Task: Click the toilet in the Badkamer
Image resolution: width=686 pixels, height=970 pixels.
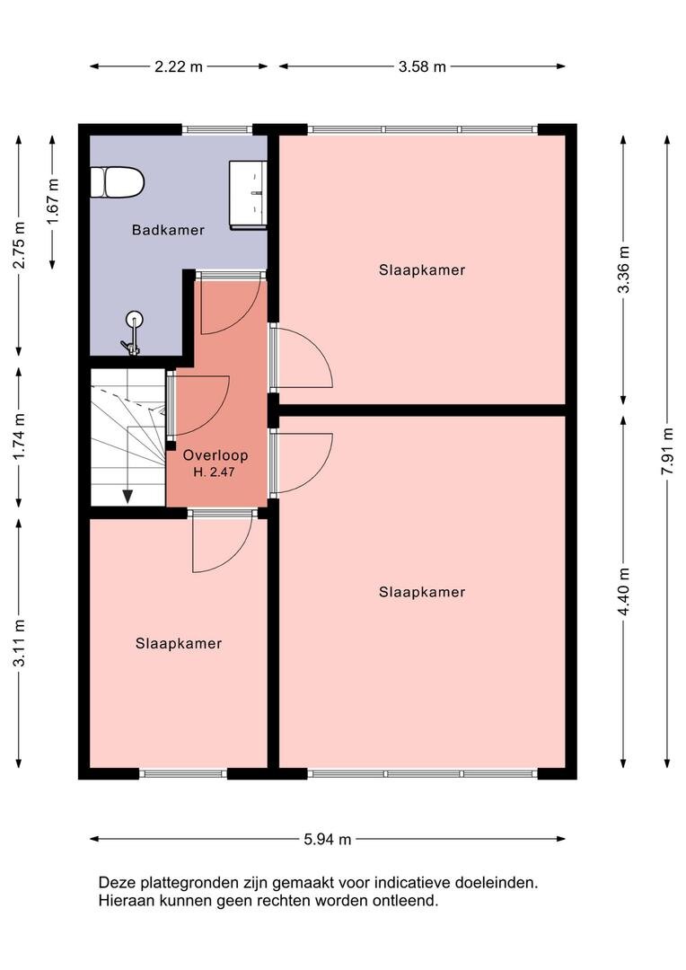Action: pyautogui.click(x=118, y=182)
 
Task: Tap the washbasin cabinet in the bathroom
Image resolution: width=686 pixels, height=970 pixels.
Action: pyautogui.click(x=248, y=195)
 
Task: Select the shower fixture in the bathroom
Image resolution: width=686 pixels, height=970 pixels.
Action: pyautogui.click(x=132, y=333)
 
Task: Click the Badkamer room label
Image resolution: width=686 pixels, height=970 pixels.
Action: pyautogui.click(x=168, y=230)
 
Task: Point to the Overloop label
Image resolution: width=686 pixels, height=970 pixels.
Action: pyautogui.click(x=215, y=455)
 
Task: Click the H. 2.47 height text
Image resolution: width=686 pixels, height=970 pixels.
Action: pyautogui.click(x=214, y=472)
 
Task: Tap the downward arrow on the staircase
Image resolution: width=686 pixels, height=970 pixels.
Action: pyautogui.click(x=128, y=496)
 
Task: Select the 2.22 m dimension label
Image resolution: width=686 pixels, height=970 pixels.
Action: pyautogui.click(x=178, y=66)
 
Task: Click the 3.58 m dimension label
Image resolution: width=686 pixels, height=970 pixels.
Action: pyautogui.click(x=422, y=66)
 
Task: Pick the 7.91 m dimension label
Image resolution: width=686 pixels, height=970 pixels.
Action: pyautogui.click(x=667, y=451)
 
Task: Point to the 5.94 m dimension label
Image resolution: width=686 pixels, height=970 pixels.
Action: pyautogui.click(x=327, y=840)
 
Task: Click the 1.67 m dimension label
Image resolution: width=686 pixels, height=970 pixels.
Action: pyautogui.click(x=53, y=202)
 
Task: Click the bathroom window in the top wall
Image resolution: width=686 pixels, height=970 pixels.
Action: pyautogui.click(x=217, y=130)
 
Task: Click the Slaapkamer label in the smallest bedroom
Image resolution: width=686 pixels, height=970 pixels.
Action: pyautogui.click(x=179, y=643)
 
